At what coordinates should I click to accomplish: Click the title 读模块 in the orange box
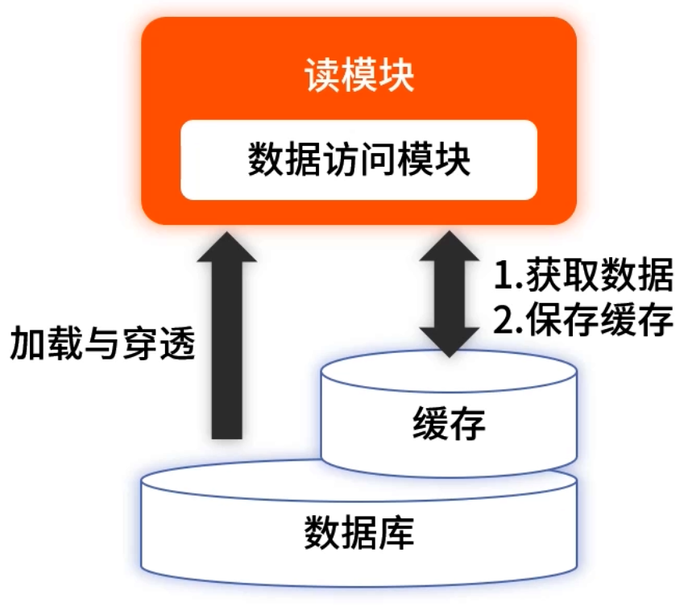click(358, 78)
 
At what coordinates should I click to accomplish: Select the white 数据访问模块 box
click(358, 160)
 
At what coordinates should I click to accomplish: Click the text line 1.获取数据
click(582, 277)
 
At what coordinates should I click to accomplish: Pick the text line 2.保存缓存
click(582, 321)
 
